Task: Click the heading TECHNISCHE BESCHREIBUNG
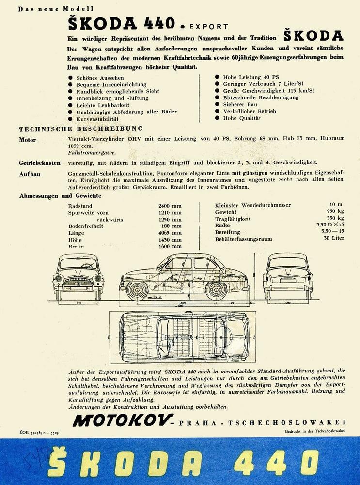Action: [x=80, y=129]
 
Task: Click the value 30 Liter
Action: [x=333, y=239]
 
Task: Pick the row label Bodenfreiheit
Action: [x=86, y=226]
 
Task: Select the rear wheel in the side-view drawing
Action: [x=216, y=290]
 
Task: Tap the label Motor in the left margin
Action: [x=27, y=140]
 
